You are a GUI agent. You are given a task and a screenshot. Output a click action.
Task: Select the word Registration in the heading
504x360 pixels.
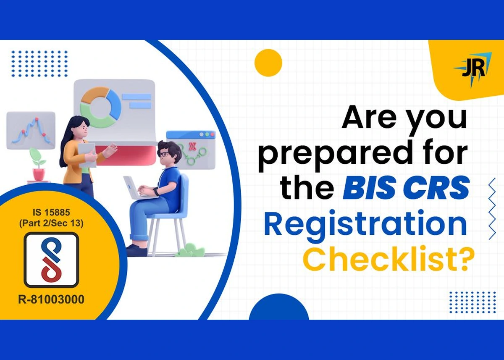365,223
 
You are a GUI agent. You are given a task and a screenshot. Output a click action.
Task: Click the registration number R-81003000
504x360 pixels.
51,300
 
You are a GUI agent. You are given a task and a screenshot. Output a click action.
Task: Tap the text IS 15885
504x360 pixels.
51,213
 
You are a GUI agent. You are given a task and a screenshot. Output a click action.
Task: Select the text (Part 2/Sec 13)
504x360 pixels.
51,223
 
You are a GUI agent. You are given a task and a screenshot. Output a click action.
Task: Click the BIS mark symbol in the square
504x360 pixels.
51,260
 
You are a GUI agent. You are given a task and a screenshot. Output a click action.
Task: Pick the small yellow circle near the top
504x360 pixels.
268,63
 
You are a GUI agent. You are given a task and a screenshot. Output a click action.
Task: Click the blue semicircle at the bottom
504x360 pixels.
279,307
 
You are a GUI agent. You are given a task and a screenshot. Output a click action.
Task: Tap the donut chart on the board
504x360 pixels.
100,107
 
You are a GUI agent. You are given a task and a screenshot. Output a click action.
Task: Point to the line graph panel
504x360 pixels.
31,131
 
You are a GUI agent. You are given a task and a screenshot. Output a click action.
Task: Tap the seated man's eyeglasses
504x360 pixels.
165,154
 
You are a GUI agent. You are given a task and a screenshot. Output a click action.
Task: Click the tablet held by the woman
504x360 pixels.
87,155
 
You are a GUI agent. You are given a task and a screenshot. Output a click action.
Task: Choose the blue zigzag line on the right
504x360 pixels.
492,208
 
